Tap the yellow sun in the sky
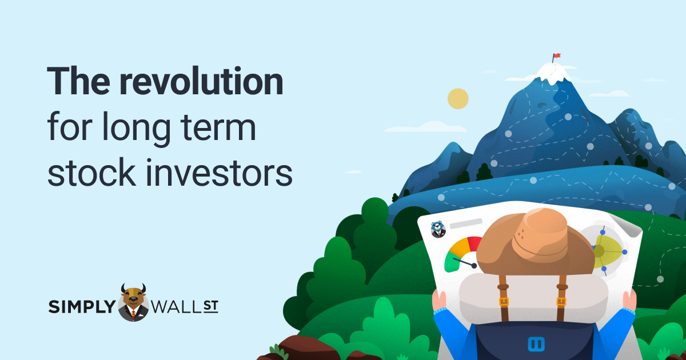tap(458, 98)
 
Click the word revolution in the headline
tap(201, 81)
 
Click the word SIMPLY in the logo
tap(82, 306)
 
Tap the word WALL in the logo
tap(176, 307)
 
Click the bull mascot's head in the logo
tap(133, 295)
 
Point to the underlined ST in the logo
tap(211, 306)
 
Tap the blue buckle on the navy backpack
tap(536, 344)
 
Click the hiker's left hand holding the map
tap(438, 301)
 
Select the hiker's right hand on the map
tap(629, 299)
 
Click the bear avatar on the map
tap(438, 230)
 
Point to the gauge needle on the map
tap(465, 263)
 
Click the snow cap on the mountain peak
tap(553, 74)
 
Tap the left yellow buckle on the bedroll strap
tap(504, 302)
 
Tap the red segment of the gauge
tap(474, 243)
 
